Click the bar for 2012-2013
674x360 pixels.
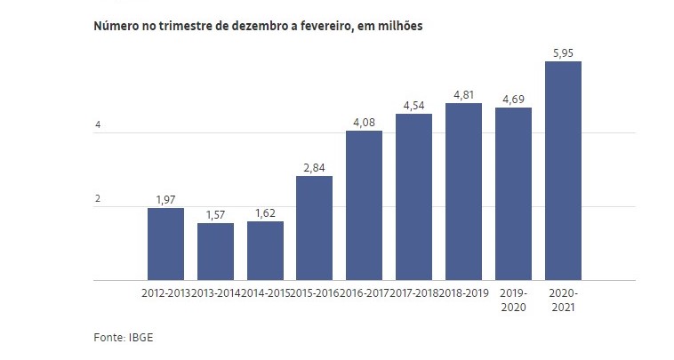pos(165,244)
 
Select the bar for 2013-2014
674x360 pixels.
pos(215,252)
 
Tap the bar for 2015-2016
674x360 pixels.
pos(314,228)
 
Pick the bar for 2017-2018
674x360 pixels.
pos(413,197)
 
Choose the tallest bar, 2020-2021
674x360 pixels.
pos(562,171)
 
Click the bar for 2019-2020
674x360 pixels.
pos(513,194)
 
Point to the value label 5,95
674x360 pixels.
pos(562,51)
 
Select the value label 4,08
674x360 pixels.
pos(364,121)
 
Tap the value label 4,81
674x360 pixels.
pos(463,93)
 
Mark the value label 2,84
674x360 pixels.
pos(314,166)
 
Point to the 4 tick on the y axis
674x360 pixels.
pos(98,125)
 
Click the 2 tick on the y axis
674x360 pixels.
pos(98,198)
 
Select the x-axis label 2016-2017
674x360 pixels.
pos(364,292)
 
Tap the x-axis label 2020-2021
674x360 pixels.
pos(562,300)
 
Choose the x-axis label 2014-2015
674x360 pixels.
pos(265,292)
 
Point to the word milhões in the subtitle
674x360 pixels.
pos(398,27)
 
